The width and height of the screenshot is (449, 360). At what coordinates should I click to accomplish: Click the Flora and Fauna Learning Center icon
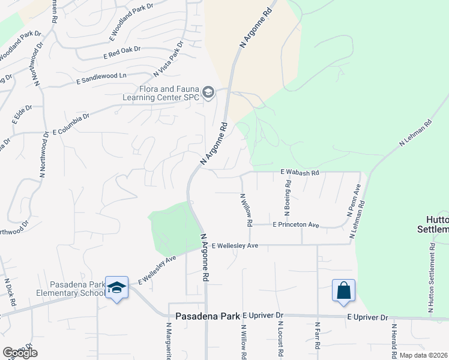pos(208,92)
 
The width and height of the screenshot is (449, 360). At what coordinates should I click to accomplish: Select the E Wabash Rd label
pos(300,172)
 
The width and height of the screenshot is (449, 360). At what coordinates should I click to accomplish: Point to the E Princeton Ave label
pos(295,225)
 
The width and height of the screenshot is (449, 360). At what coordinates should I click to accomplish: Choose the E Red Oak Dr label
pos(121,53)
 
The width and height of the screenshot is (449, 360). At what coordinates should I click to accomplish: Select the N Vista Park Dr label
pos(167,58)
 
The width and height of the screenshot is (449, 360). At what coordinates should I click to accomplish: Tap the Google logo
pos(20,353)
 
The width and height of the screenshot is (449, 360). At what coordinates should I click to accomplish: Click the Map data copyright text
pos(424,355)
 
